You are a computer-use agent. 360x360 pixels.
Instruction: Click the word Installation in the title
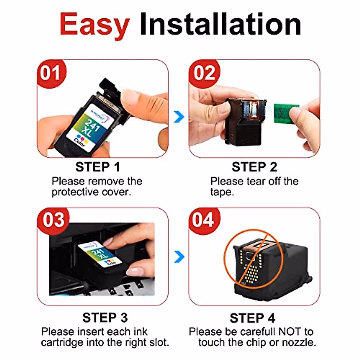tap(220, 24)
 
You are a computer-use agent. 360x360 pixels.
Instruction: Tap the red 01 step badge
tap(51, 73)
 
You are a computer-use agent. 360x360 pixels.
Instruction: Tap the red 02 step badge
tap(205, 73)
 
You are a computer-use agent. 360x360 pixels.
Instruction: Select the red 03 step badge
tap(53, 220)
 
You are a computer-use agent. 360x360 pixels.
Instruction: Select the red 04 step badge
tap(204, 220)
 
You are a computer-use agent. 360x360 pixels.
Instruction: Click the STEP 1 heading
tap(97, 167)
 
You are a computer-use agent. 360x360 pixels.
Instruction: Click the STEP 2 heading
tap(254, 167)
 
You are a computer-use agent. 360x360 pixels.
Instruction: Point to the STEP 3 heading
tap(105, 318)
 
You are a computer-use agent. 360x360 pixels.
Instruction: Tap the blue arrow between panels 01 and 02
tap(179, 117)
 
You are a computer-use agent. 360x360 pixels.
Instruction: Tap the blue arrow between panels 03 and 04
tap(179, 257)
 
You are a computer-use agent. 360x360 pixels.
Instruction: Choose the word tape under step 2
tap(222, 192)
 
